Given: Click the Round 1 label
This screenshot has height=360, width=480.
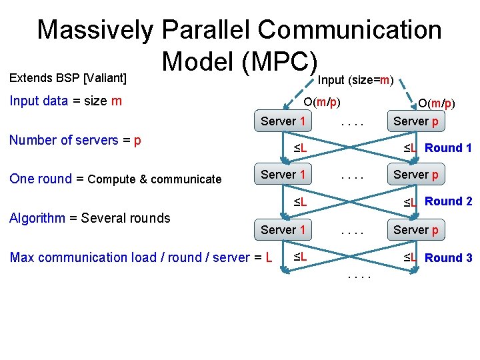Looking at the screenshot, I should [448, 148].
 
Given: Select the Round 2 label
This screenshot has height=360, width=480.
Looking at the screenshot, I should [449, 201].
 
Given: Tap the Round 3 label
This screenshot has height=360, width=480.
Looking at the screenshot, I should [449, 258].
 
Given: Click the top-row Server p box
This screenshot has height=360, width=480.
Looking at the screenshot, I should [416, 121].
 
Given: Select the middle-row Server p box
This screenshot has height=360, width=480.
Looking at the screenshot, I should [416, 175].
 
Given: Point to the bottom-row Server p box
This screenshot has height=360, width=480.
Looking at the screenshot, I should [416, 230].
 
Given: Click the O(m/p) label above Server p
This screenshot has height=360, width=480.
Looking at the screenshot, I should [436, 103].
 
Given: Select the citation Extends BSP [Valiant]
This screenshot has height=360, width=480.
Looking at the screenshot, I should [67, 78].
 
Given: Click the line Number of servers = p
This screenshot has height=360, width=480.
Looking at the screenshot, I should [75, 141].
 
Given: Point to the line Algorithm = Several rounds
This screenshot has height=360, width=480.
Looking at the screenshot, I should [89, 218].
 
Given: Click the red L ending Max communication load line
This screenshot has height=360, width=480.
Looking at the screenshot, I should [269, 257].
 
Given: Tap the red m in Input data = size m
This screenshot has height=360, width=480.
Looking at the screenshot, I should [117, 101].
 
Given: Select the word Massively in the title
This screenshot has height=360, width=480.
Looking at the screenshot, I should [95, 30].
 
